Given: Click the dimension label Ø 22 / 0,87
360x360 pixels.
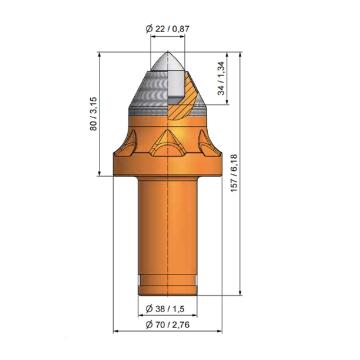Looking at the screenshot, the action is pyautogui.click(x=168, y=29).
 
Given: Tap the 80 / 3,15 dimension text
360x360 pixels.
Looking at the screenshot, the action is pyautogui.click(x=93, y=113).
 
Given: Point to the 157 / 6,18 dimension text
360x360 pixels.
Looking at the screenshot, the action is pyautogui.click(x=234, y=173).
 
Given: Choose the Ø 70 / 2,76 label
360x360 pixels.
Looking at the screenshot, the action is pyautogui.click(x=168, y=324).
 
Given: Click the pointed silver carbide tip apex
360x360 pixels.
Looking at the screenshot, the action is pyautogui.click(x=168, y=52).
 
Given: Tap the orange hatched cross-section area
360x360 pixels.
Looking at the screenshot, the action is pyautogui.click(x=184, y=97).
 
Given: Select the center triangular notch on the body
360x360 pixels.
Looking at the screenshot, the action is pyautogui.click(x=167, y=144).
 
